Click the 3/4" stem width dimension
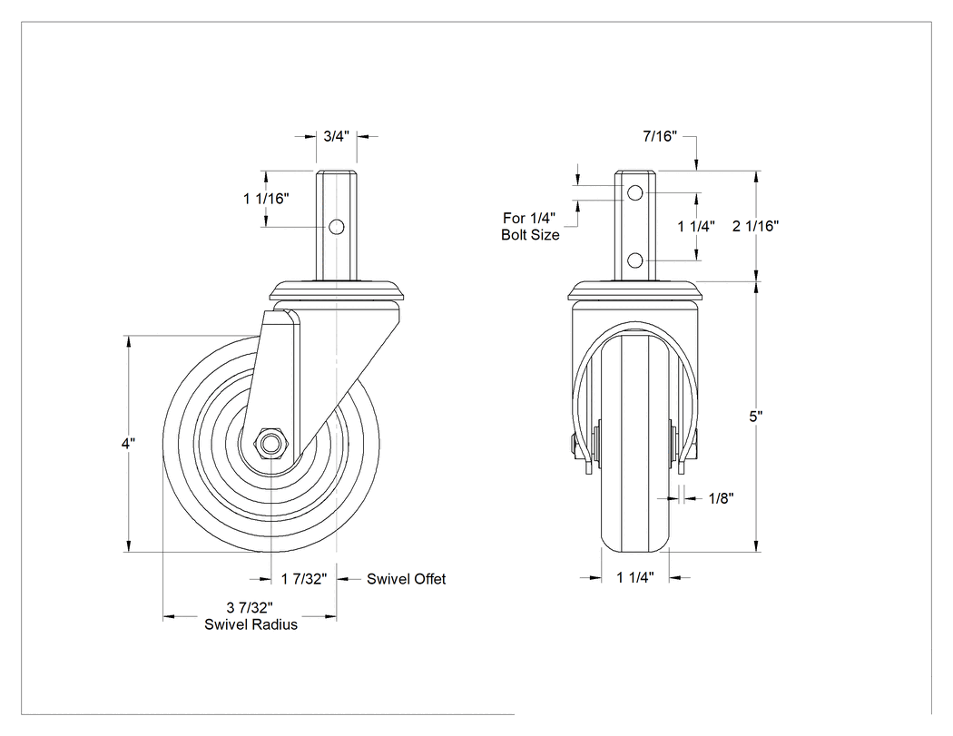(x=336, y=136)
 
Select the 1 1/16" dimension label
(x=266, y=198)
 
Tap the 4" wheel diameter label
(x=128, y=443)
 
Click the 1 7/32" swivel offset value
(x=304, y=579)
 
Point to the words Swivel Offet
(x=406, y=579)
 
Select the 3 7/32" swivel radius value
(x=250, y=607)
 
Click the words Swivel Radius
(x=251, y=624)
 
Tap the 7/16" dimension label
(x=660, y=136)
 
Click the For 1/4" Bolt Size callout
(x=530, y=226)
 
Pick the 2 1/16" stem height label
(x=755, y=226)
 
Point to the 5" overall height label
(x=755, y=417)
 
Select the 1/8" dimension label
(x=721, y=498)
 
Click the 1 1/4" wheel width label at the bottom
(x=635, y=577)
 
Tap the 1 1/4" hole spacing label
(x=696, y=226)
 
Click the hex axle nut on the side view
(x=268, y=443)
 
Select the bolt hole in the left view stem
(x=336, y=227)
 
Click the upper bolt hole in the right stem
(x=635, y=193)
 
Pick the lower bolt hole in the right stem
(x=635, y=260)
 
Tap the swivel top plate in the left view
(x=336, y=289)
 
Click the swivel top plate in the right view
(x=635, y=289)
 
